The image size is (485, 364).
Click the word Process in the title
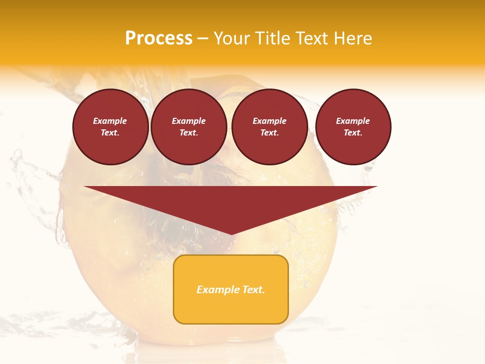pos(159,38)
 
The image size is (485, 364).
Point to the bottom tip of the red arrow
pos(231,234)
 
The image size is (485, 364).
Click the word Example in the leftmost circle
pos(110,121)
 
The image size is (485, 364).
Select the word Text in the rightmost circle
pos(353,133)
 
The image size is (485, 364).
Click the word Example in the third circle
pos(269,121)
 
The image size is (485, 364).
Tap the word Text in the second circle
pos(188,133)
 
